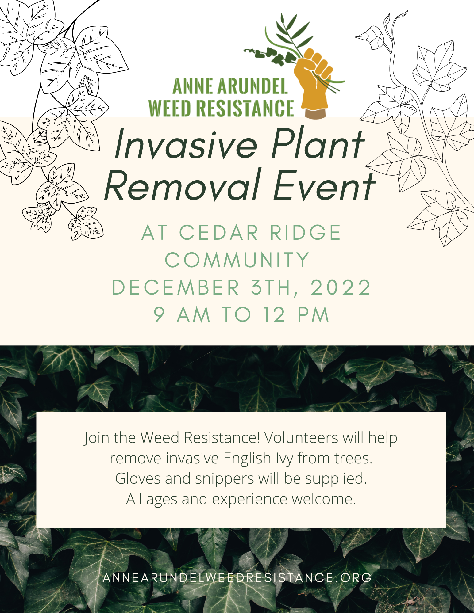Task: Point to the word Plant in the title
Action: click(x=318, y=144)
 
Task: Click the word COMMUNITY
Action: click(x=237, y=260)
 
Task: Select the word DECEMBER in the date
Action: click(x=175, y=287)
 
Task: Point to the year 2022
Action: click(x=341, y=287)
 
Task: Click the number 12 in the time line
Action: click(x=274, y=314)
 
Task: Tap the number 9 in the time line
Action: click(x=159, y=314)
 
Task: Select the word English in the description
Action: click(x=247, y=459)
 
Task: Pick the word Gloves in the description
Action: click(x=138, y=478)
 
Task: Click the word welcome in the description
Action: click(x=323, y=499)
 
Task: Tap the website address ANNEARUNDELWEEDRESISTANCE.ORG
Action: click(x=237, y=577)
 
